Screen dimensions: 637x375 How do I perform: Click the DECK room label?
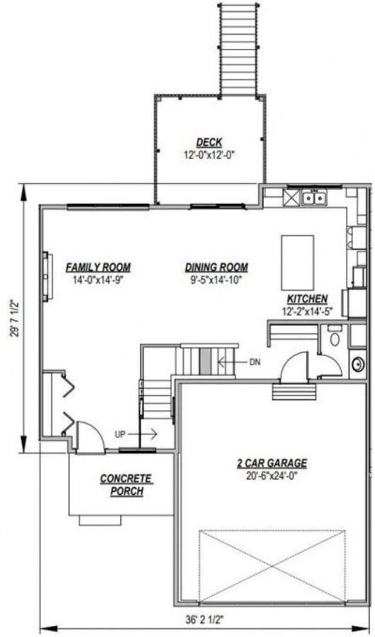[209, 143]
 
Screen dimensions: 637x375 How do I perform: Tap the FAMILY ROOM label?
[98, 267]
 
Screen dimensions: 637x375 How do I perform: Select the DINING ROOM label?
[216, 267]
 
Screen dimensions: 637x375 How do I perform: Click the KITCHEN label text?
[308, 299]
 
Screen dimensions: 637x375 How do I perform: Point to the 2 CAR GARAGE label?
[268, 464]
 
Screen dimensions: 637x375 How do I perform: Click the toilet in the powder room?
[334, 339]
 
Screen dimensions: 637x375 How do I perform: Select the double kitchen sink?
[314, 198]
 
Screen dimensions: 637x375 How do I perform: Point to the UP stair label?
[120, 434]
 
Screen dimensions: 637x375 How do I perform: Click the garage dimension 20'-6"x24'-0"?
[268, 475]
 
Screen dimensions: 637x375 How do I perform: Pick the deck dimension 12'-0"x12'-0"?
[209, 155]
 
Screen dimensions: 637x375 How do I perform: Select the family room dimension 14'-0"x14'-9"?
[98, 278]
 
